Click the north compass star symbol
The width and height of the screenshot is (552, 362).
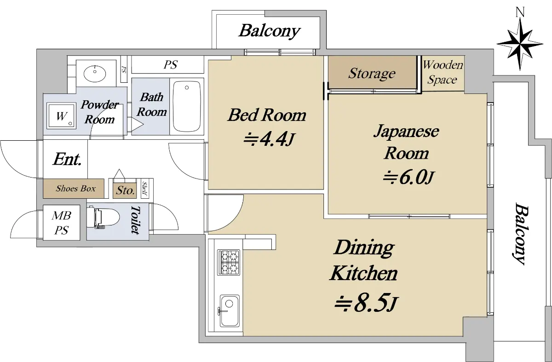coord(520,45)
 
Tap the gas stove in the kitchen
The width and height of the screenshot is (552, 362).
coord(229,263)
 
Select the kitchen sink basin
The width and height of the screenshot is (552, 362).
coord(230,311)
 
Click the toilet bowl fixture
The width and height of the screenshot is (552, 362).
coord(103,218)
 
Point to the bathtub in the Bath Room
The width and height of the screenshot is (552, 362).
coord(187,106)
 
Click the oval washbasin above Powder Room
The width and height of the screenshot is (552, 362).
coord(95,74)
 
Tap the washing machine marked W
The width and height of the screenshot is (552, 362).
coord(61,116)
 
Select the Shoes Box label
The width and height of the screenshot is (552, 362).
coord(75,189)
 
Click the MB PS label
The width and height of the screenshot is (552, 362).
coord(61,223)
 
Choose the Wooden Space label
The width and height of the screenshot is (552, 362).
coord(443,72)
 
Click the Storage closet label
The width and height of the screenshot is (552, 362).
coord(372,74)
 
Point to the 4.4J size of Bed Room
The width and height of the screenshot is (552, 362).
coord(269,139)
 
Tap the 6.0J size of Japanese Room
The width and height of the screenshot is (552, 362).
coord(408,177)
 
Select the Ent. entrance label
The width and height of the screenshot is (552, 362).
coord(67,159)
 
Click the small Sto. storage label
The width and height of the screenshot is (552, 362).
coord(126,190)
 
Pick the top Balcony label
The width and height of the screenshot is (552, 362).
coord(270,31)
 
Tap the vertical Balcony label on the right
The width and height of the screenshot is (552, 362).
coord(522,233)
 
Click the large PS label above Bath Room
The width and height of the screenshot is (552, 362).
coord(171,65)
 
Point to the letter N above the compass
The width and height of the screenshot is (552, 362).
coord(520,12)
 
